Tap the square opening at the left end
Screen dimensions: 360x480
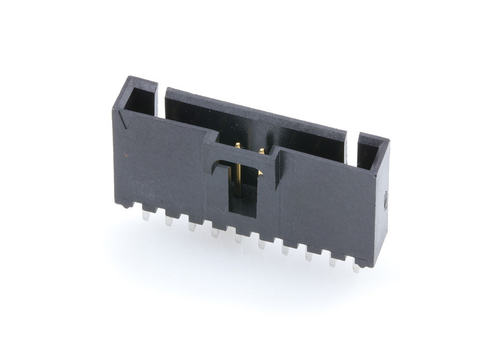pos(140,100)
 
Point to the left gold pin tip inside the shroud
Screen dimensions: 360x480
pos(238,146)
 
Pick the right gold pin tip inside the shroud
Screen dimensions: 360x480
pos(262,151)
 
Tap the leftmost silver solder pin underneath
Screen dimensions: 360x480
pos(146,216)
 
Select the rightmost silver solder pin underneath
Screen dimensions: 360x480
pos(356,268)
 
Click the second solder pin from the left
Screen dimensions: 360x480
pos(169,222)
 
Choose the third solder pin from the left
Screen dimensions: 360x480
pos(192,227)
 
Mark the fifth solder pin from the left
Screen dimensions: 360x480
pos(239,239)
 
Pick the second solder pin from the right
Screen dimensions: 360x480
pos(332,262)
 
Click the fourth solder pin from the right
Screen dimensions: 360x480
pos(285,250)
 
